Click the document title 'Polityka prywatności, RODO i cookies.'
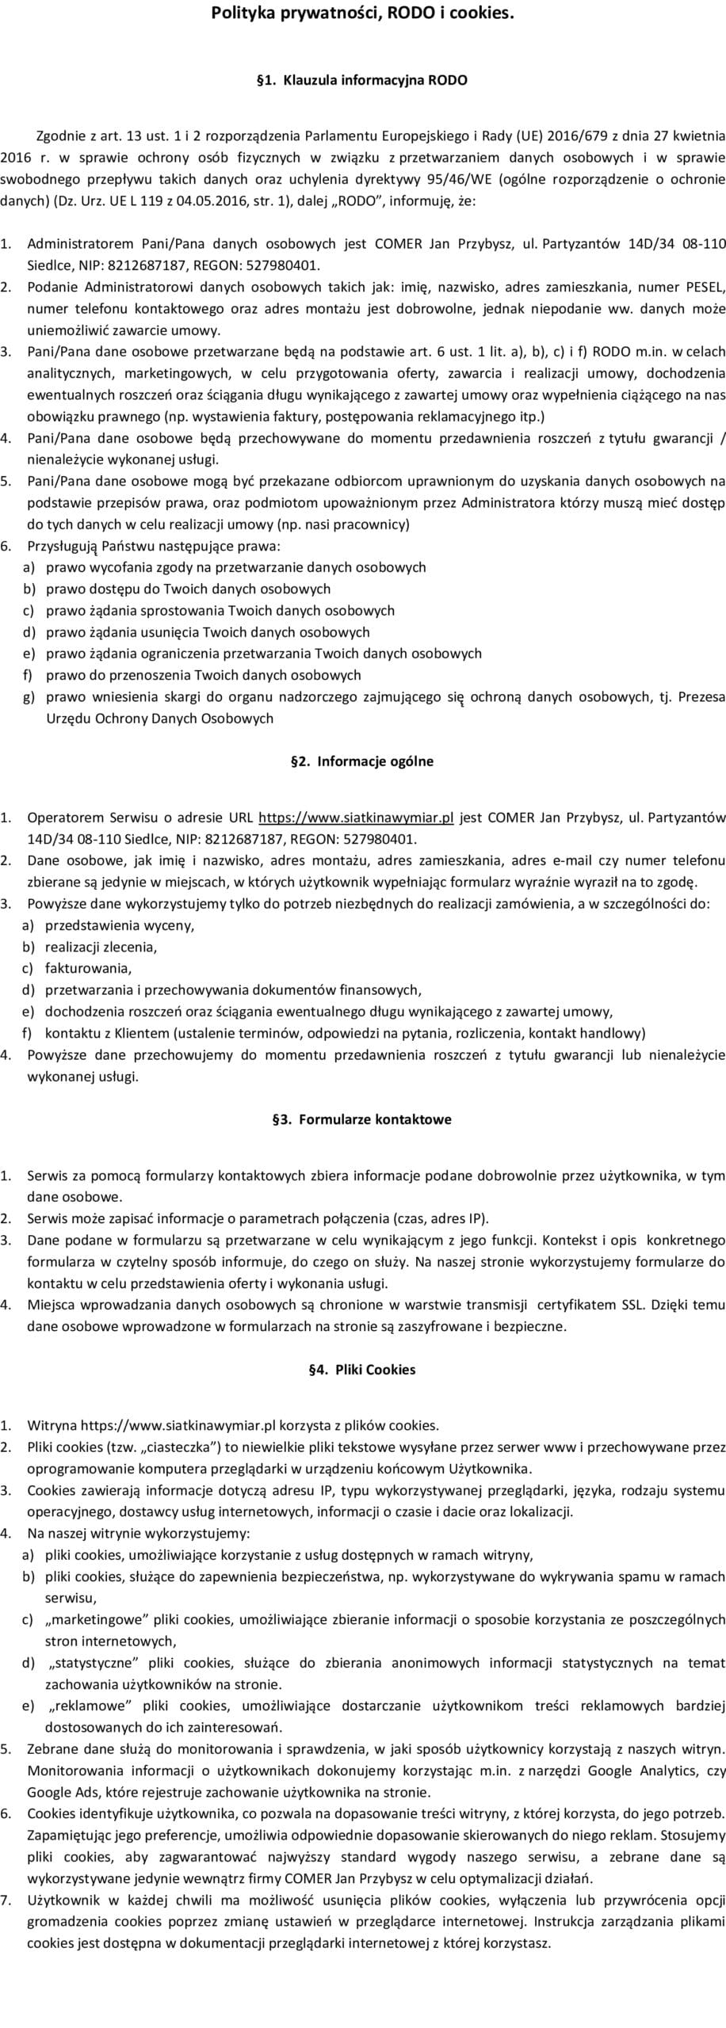(362, 13)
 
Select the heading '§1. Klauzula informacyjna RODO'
(362, 80)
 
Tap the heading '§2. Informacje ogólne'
(362, 761)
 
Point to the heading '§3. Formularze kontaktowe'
(362, 1119)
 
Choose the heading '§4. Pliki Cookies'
(362, 1370)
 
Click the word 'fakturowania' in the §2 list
(87, 968)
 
